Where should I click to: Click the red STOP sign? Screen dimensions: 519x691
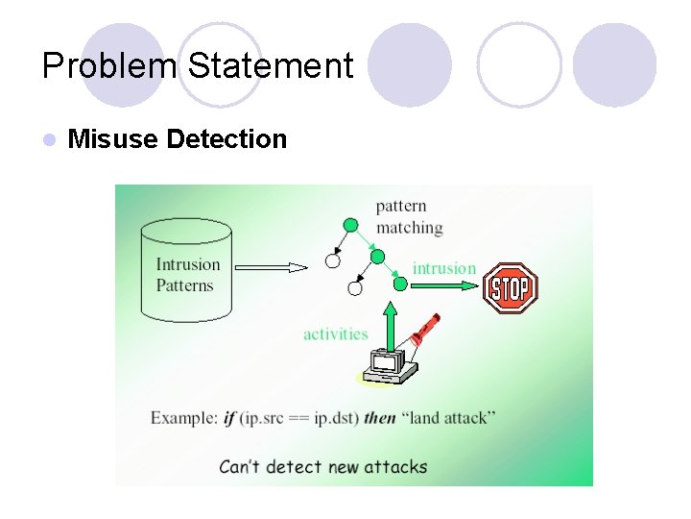(510, 287)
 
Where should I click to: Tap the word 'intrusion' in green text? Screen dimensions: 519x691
(443, 268)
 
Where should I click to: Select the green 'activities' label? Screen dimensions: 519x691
(335, 334)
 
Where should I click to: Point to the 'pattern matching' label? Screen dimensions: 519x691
(409, 216)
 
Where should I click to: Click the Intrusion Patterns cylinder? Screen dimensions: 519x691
(186, 270)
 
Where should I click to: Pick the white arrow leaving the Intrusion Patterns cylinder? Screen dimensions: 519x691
(272, 267)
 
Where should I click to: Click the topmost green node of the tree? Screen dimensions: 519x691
(351, 225)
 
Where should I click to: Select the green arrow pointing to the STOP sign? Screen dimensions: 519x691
(451, 284)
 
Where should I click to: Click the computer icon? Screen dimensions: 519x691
(392, 364)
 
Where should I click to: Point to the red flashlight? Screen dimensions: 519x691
(422, 330)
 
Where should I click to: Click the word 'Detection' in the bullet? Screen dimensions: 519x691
(226, 139)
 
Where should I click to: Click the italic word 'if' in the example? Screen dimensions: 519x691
(228, 418)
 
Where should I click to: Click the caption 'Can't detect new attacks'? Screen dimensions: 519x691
(323, 467)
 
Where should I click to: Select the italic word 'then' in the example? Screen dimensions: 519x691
(380, 418)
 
